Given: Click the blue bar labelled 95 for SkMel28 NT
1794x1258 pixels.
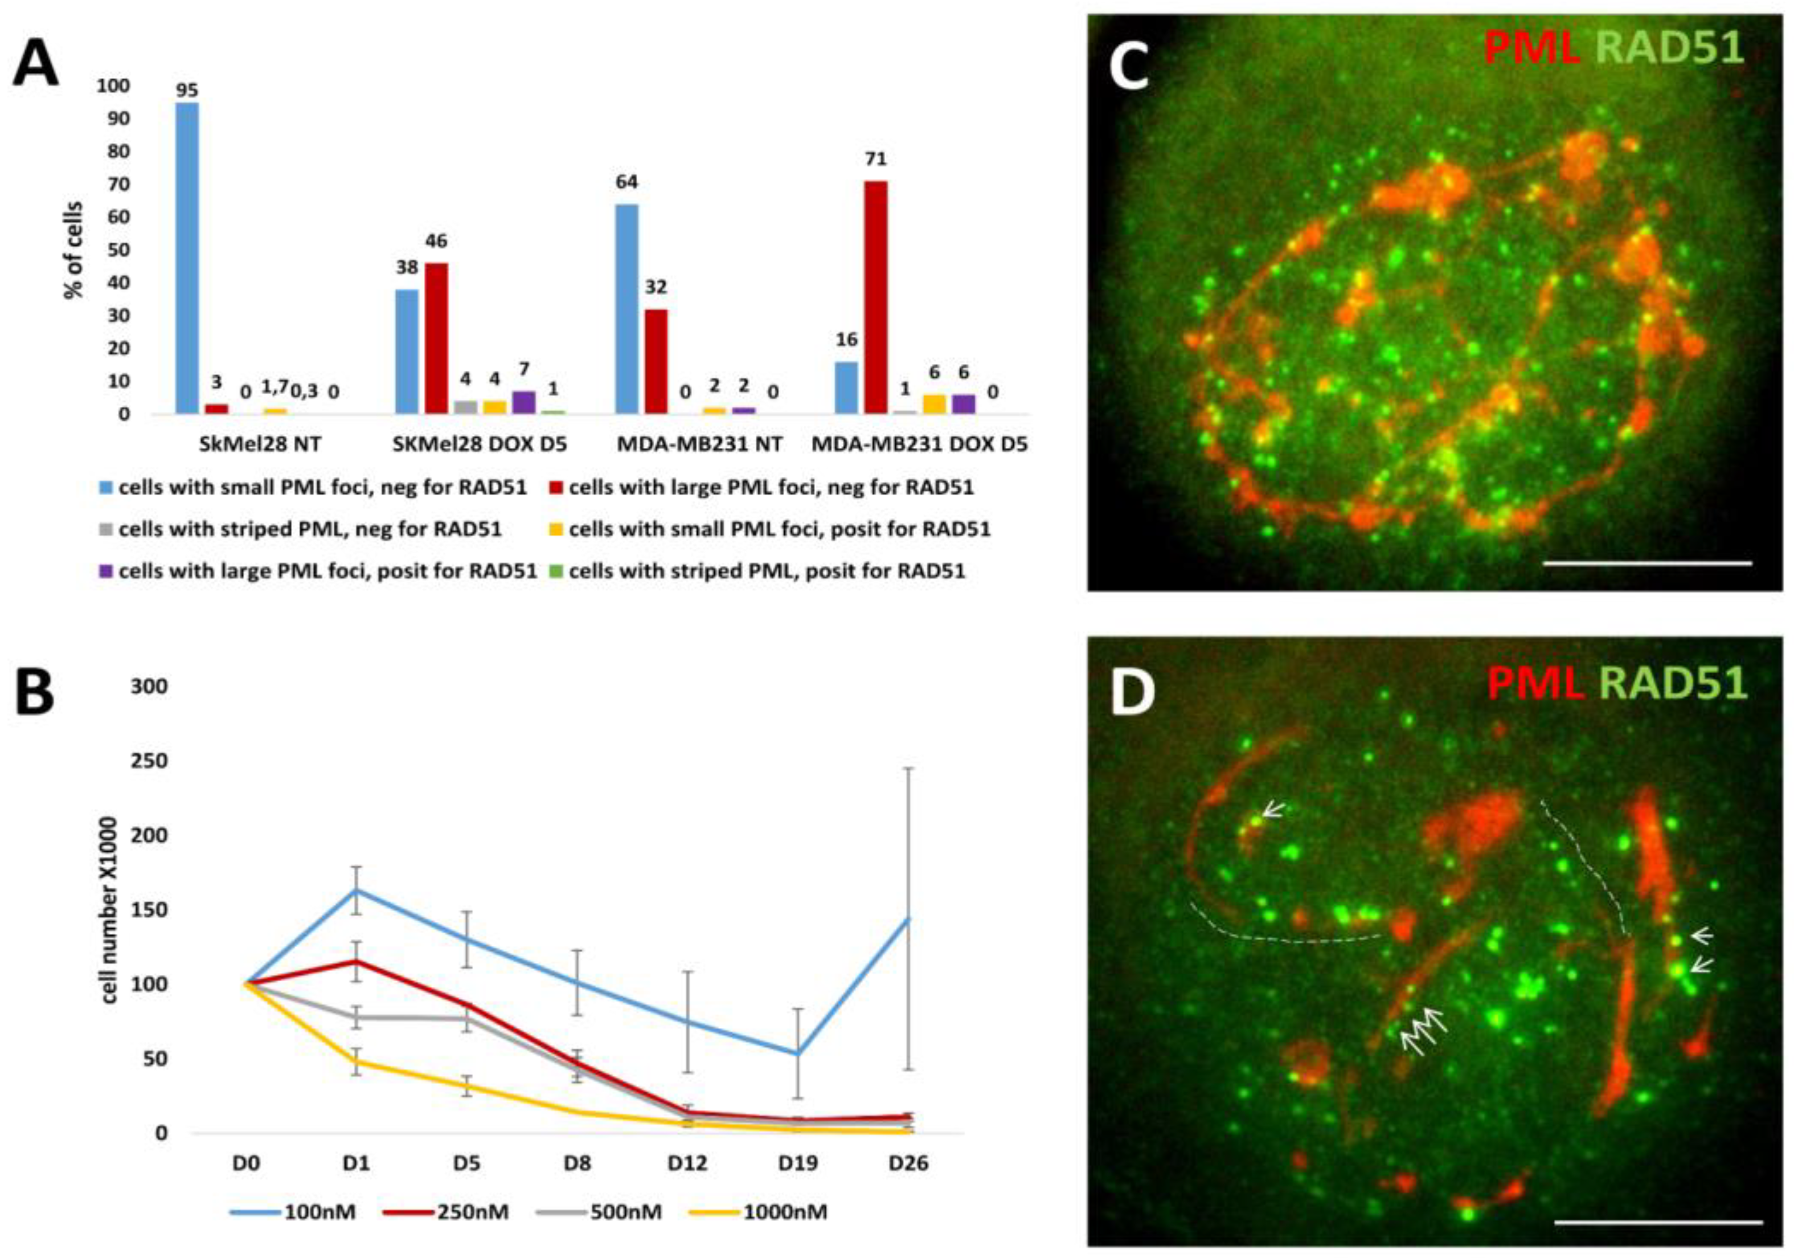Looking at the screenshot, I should (x=187, y=258).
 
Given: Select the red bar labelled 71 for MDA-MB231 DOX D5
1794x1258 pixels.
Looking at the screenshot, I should (x=875, y=297).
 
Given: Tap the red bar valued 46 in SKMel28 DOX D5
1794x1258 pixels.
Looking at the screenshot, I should (x=437, y=338).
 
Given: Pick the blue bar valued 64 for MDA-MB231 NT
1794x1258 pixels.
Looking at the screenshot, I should (x=626, y=309).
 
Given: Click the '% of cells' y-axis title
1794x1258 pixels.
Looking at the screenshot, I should (x=74, y=250).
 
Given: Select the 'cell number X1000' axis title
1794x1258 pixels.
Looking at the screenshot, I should (x=112, y=911).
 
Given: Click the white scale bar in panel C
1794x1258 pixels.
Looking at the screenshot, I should (x=1647, y=562).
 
